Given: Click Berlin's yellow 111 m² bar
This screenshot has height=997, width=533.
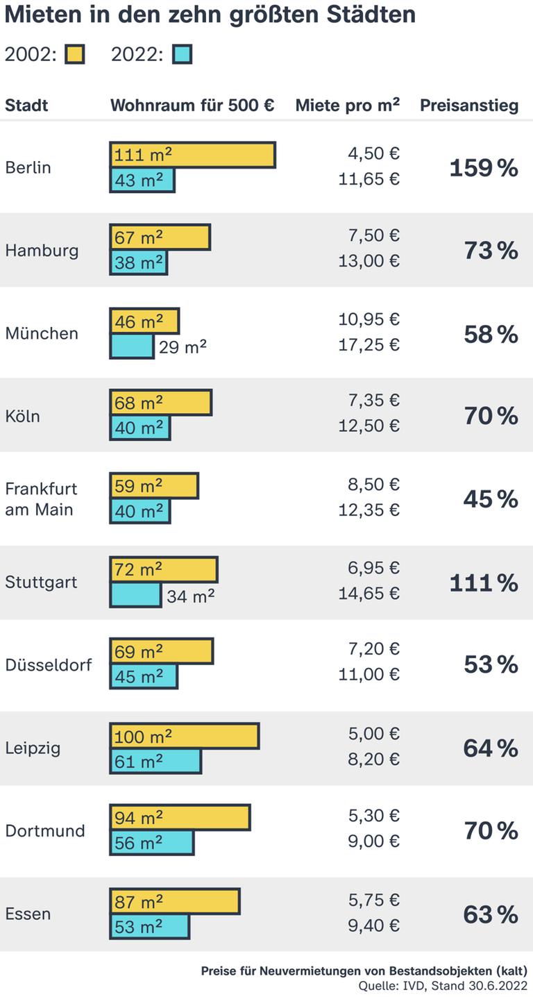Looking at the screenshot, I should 192,155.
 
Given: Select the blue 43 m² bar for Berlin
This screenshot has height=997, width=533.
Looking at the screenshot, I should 142,180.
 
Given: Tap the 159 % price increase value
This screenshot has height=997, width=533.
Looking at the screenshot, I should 484,168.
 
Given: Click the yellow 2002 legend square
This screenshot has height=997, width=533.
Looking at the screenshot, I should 74,55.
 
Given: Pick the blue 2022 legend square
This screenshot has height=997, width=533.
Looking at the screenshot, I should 182,55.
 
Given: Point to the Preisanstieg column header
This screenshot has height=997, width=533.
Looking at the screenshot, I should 469,106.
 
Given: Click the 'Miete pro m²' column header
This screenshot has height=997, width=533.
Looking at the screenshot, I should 347,106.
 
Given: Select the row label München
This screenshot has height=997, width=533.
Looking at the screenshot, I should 42,333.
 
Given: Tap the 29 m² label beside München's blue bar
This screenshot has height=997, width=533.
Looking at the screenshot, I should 183,346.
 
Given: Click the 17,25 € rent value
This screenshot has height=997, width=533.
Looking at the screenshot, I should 369,345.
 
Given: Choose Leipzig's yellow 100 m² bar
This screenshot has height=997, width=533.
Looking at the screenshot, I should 184,736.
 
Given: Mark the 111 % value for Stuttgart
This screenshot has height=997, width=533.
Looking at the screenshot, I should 484,583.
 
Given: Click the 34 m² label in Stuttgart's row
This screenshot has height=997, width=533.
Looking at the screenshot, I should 190,596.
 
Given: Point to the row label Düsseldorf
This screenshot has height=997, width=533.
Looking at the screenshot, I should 48,665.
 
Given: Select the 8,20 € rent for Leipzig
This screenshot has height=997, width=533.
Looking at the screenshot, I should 373,760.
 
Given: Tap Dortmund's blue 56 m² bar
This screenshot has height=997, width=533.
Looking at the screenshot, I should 151,843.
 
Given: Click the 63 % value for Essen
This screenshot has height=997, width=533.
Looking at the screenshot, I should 491,915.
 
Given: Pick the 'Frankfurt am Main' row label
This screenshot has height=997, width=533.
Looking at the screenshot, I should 41,499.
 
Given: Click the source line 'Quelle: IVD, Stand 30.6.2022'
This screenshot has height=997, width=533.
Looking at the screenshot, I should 443,986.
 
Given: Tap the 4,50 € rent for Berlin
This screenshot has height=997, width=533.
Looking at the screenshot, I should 373,153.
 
